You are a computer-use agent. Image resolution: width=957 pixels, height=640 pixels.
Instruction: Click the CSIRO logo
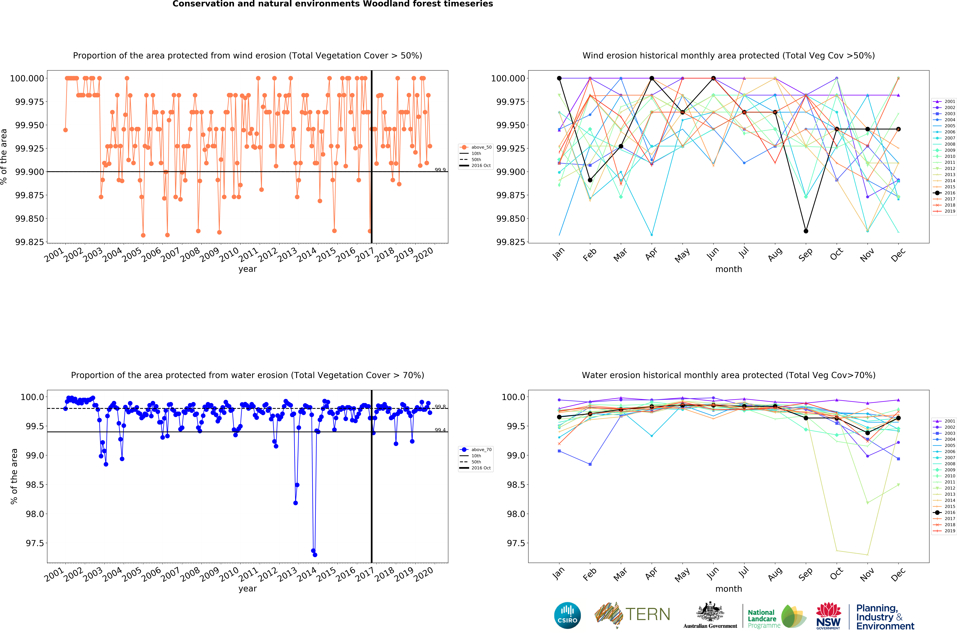(567, 615)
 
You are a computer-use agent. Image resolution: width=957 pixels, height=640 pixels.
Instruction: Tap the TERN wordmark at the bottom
(648, 614)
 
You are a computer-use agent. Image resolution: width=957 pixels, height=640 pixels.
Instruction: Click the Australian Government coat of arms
(710, 612)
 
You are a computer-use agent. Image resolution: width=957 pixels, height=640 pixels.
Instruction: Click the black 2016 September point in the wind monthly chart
(806, 231)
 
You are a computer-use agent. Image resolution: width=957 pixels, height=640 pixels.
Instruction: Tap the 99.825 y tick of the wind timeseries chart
(29, 242)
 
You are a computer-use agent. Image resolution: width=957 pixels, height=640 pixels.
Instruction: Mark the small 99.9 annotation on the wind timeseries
(440, 170)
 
